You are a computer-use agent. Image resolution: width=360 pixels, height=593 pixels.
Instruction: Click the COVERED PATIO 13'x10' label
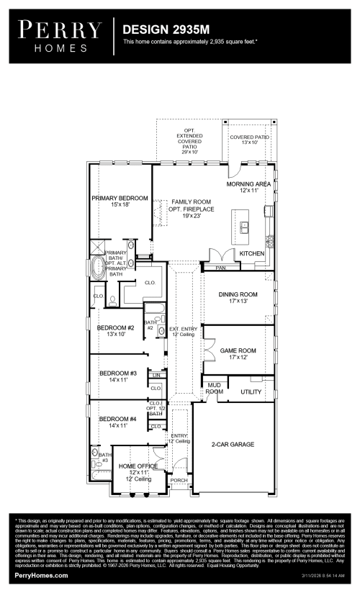(x=250, y=140)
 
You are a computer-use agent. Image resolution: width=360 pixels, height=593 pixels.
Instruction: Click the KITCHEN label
(x=252, y=254)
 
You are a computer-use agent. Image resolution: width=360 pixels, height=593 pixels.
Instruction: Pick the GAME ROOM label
(x=238, y=353)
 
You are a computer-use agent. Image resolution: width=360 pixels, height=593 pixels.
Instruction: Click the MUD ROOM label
(x=215, y=389)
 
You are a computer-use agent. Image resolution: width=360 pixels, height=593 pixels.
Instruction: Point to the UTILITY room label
(x=251, y=391)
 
